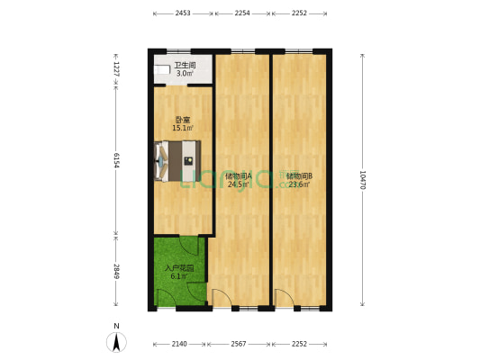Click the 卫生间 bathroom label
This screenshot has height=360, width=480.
(x=184, y=65)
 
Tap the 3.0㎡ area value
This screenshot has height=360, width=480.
(x=184, y=73)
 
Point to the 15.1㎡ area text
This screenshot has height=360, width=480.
(x=183, y=128)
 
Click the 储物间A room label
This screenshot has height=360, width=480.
(x=239, y=175)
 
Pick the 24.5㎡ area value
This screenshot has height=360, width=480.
(x=239, y=184)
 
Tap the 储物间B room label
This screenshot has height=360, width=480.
(x=298, y=175)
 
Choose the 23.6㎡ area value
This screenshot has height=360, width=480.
(x=298, y=184)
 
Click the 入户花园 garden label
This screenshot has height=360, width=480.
(x=178, y=268)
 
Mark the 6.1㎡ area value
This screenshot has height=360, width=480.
(x=178, y=277)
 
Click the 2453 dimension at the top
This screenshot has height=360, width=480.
(x=183, y=13)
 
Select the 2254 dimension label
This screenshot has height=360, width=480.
(x=242, y=13)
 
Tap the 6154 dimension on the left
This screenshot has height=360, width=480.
(x=116, y=158)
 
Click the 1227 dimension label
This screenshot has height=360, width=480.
(x=116, y=67)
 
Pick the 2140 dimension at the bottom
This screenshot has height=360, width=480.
(x=180, y=344)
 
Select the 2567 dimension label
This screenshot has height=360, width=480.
(x=240, y=344)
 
